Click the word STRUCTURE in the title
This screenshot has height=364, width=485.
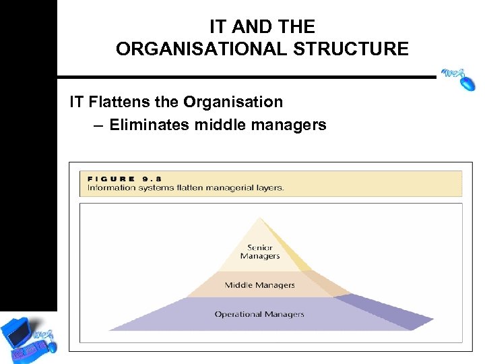[x=358, y=49]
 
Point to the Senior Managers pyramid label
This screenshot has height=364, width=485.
[x=259, y=252]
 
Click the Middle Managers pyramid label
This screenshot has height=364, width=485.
[x=259, y=285]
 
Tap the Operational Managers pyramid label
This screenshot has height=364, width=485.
[x=259, y=314]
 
